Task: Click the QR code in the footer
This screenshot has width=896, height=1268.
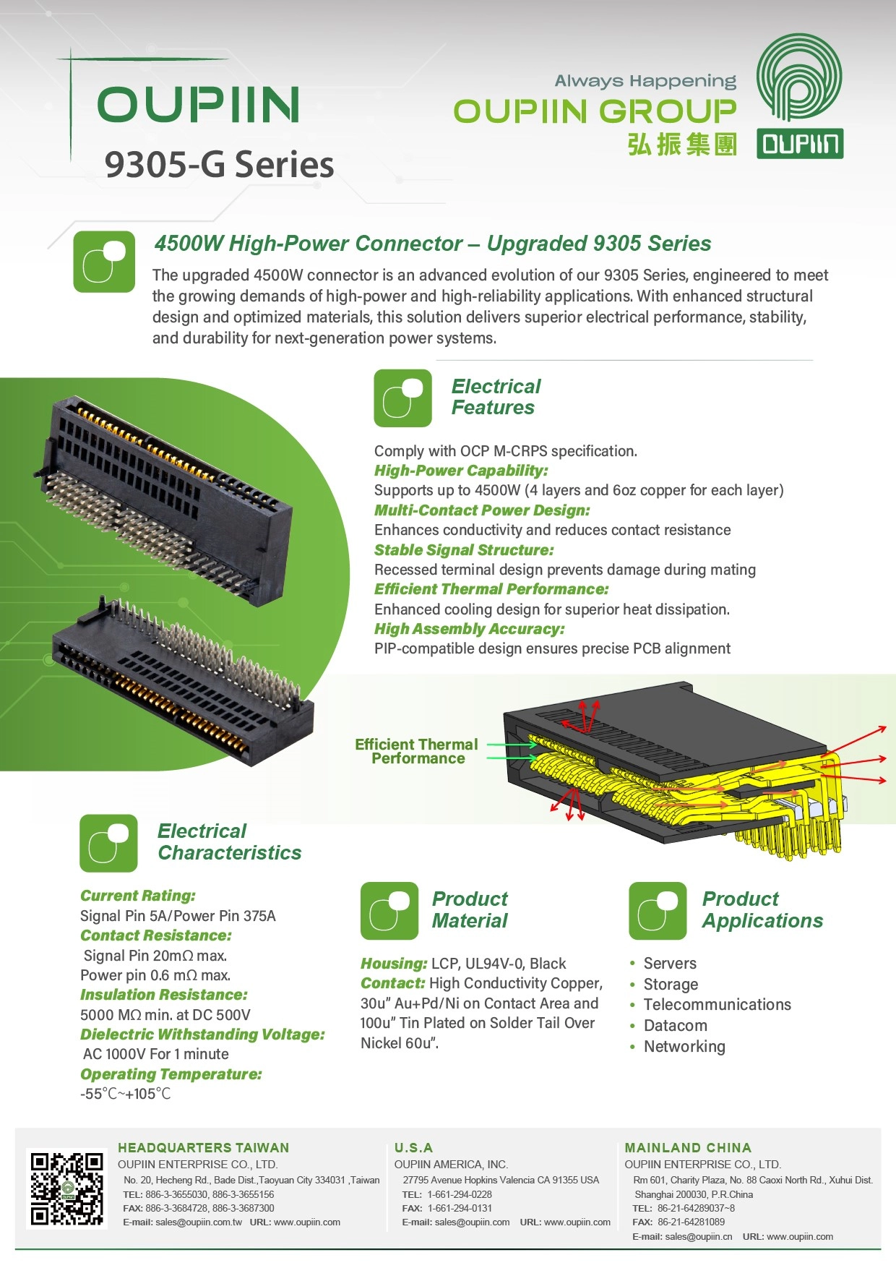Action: (66, 1188)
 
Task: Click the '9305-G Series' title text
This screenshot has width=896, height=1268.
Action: (219, 164)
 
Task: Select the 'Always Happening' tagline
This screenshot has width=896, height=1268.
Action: (645, 81)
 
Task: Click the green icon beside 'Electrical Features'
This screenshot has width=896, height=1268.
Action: (402, 398)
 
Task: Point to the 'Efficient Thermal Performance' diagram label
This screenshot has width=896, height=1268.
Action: (417, 751)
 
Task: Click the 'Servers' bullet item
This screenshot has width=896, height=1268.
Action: (670, 963)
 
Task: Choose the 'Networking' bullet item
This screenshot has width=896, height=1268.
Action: (684, 1046)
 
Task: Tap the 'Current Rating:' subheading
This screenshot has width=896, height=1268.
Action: (138, 896)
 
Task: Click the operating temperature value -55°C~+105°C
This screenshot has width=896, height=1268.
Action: (126, 1094)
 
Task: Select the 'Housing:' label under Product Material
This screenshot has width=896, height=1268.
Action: (394, 964)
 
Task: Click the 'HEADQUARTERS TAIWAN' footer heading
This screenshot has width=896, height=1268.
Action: (204, 1147)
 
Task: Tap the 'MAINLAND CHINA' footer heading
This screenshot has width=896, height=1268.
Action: (688, 1147)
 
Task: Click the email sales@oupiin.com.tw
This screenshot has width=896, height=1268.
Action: (199, 1222)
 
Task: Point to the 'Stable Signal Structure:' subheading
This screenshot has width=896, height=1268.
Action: (464, 550)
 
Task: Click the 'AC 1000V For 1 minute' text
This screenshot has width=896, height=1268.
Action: (156, 1054)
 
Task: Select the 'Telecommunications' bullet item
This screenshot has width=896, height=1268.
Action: (718, 1005)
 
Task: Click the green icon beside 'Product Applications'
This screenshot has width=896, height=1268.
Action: (658, 911)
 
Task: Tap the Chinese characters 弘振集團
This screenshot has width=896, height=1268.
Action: (682, 145)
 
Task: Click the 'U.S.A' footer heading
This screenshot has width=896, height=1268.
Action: (413, 1147)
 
